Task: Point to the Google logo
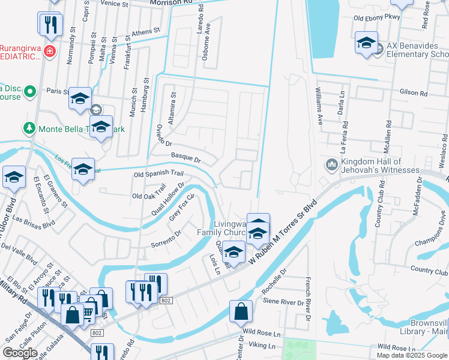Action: (20, 353)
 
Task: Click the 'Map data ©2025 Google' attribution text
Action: (411, 355)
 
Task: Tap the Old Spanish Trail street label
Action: (158, 174)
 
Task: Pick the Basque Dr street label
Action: (185, 158)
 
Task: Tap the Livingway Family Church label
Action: (221, 228)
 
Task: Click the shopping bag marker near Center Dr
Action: (241, 311)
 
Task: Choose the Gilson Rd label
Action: (414, 94)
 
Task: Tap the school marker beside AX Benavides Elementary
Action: (366, 43)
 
